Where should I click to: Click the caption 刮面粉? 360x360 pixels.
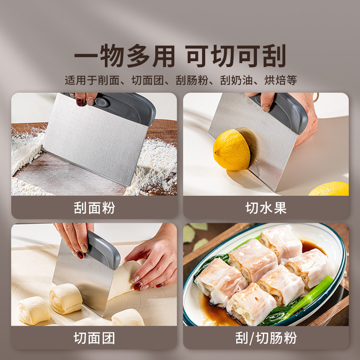point(94,208)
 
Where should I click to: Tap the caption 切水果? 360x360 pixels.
point(266,208)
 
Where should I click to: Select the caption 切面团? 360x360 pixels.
point(94,338)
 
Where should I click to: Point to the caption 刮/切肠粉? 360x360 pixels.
point(266,338)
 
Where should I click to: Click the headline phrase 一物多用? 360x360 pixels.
point(125,56)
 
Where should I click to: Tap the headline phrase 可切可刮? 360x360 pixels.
point(236,56)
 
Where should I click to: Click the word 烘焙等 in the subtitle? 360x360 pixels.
point(280,80)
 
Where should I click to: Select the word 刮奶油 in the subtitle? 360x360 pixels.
point(236,80)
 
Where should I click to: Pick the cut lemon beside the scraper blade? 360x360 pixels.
point(231,150)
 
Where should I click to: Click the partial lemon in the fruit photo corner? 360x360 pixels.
point(329,189)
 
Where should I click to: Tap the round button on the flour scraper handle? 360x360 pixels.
point(102,102)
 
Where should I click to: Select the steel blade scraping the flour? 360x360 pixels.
point(95,140)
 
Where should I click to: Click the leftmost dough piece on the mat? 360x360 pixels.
point(34,310)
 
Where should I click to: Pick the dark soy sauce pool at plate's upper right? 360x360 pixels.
point(312,247)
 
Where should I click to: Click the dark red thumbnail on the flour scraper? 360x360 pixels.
point(80,102)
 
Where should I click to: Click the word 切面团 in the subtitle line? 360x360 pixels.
point(148,80)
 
